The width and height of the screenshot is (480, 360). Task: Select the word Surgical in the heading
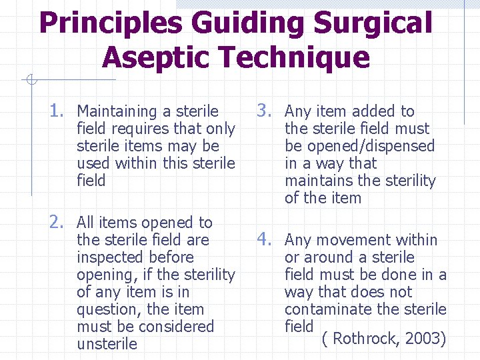click(373, 23)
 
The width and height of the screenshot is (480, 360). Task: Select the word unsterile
click(107, 344)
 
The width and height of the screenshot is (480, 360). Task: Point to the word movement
click(360, 240)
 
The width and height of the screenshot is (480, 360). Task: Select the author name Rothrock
click(365, 338)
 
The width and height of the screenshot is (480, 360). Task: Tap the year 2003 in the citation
click(424, 338)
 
